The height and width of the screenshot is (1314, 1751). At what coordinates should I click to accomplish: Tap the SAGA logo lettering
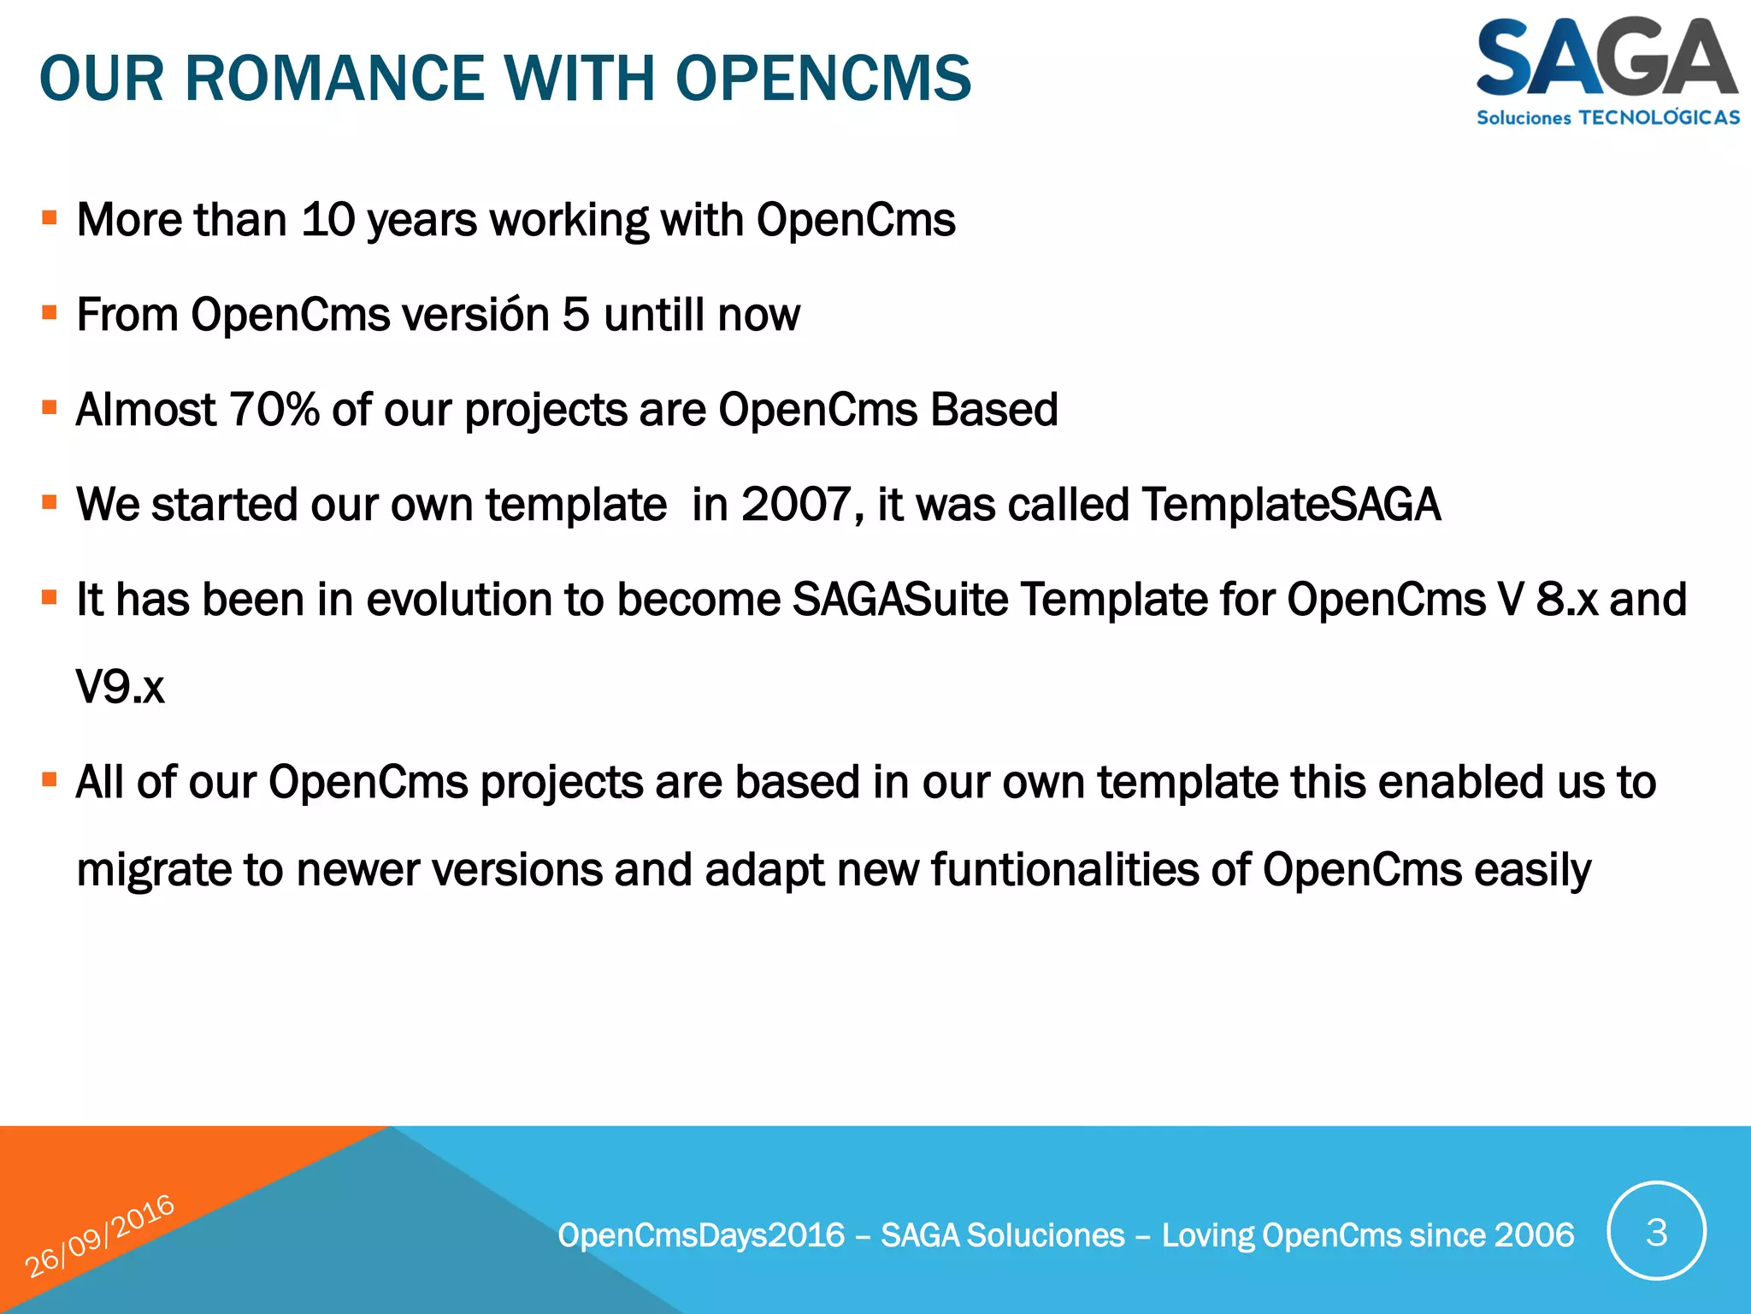click(x=1606, y=58)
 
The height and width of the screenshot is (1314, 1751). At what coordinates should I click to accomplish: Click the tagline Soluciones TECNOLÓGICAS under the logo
click(x=1607, y=118)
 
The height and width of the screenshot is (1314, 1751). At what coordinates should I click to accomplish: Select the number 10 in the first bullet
click(x=327, y=220)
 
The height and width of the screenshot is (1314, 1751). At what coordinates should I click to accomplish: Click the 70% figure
click(x=274, y=410)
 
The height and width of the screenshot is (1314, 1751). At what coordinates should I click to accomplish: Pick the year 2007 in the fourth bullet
click(x=796, y=505)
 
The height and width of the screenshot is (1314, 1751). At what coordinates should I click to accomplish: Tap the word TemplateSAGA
click(x=1291, y=505)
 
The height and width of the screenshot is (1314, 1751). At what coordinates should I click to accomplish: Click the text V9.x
click(x=120, y=687)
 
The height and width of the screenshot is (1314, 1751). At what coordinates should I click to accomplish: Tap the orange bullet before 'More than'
click(x=50, y=218)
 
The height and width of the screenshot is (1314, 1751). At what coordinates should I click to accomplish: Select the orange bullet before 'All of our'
click(x=50, y=780)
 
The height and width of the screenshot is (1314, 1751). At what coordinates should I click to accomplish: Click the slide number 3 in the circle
click(x=1656, y=1232)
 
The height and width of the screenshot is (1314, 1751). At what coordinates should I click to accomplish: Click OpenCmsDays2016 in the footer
click(x=701, y=1235)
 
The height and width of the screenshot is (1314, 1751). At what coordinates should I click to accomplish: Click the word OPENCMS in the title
click(x=822, y=79)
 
